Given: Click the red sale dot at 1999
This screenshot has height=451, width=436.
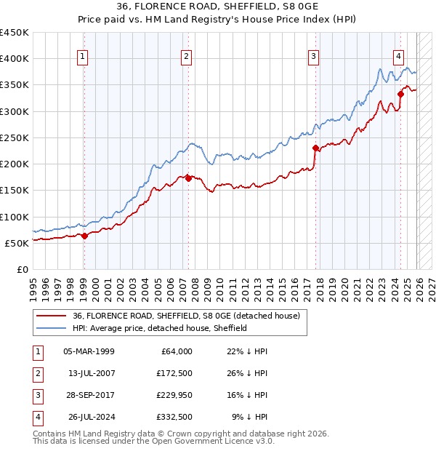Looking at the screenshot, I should tap(84, 236).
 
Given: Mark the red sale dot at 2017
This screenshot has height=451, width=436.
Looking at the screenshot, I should tap(315, 148).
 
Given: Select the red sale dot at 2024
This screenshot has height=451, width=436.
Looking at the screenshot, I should tap(400, 94).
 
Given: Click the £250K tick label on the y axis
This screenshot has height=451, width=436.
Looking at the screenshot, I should tap(15, 137).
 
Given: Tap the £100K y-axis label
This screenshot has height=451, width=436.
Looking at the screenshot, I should tap(15, 217).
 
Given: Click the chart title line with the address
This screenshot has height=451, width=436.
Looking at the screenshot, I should tap(217, 7).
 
